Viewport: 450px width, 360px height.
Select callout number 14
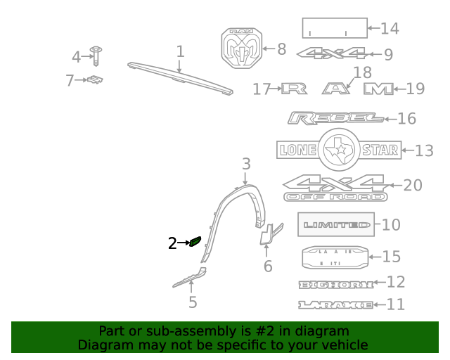pos(390,28)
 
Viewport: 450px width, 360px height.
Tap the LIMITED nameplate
pos(336,225)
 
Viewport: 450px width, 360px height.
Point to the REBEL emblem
pos(335,118)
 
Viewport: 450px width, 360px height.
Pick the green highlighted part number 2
pos(195,243)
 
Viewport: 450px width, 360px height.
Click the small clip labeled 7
pos(96,80)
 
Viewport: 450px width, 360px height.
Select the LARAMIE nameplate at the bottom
pos(335,304)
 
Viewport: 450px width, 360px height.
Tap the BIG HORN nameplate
pos(335,283)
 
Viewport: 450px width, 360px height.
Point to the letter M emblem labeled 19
pos(378,89)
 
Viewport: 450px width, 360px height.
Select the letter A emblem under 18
pos(336,89)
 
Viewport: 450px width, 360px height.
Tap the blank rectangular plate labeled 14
pos(335,28)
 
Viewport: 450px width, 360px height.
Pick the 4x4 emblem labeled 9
pos(332,53)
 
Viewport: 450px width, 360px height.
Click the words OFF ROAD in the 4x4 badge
pos(335,197)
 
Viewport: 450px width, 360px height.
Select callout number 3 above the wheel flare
pos(246,165)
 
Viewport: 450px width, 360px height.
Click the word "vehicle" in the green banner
pos(345,345)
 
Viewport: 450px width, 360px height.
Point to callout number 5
pos(193,303)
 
